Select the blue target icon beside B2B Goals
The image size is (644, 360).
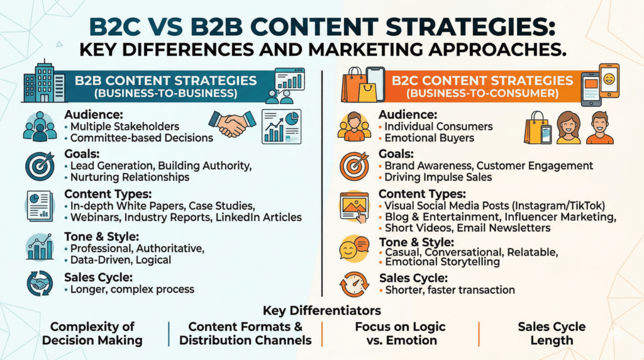(x=39, y=166)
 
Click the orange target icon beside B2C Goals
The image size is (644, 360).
(x=353, y=166)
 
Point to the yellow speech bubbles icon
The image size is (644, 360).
(x=353, y=249)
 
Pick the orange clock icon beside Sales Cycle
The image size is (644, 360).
(x=353, y=283)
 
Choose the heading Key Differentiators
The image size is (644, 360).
(x=321, y=311)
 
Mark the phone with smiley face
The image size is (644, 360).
(x=609, y=81)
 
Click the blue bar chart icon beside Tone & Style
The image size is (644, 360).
(x=39, y=247)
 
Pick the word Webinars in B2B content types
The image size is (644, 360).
(x=94, y=217)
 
